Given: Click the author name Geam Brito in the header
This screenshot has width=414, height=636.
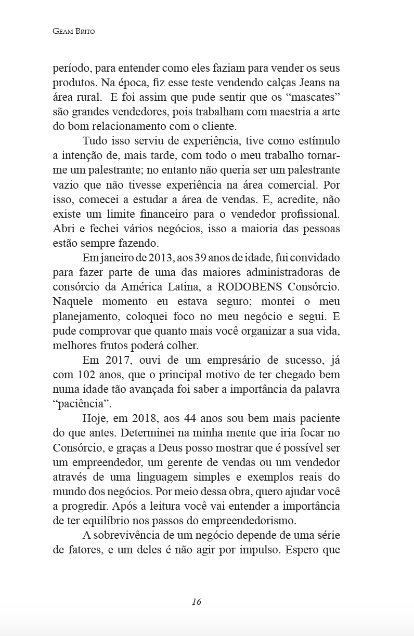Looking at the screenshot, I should point(73,31).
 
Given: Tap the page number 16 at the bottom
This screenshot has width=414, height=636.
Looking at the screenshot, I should point(196,602).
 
